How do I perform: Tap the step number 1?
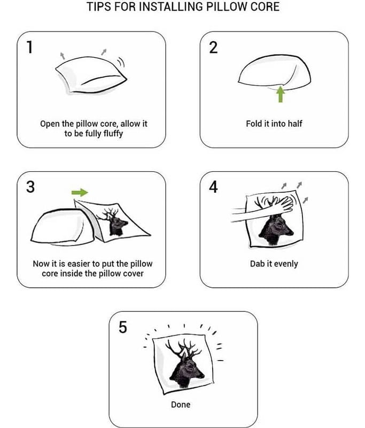point(30,47)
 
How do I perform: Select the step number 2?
point(213,47)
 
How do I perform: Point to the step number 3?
point(30,187)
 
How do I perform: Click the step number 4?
point(213,187)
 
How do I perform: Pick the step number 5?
point(123,327)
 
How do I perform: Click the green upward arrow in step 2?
point(281,94)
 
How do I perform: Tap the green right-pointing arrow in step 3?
point(80,193)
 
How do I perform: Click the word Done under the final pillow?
point(181,404)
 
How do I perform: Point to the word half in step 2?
point(295,124)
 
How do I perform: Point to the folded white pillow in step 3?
point(63,226)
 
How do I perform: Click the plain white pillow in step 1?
point(91,75)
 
